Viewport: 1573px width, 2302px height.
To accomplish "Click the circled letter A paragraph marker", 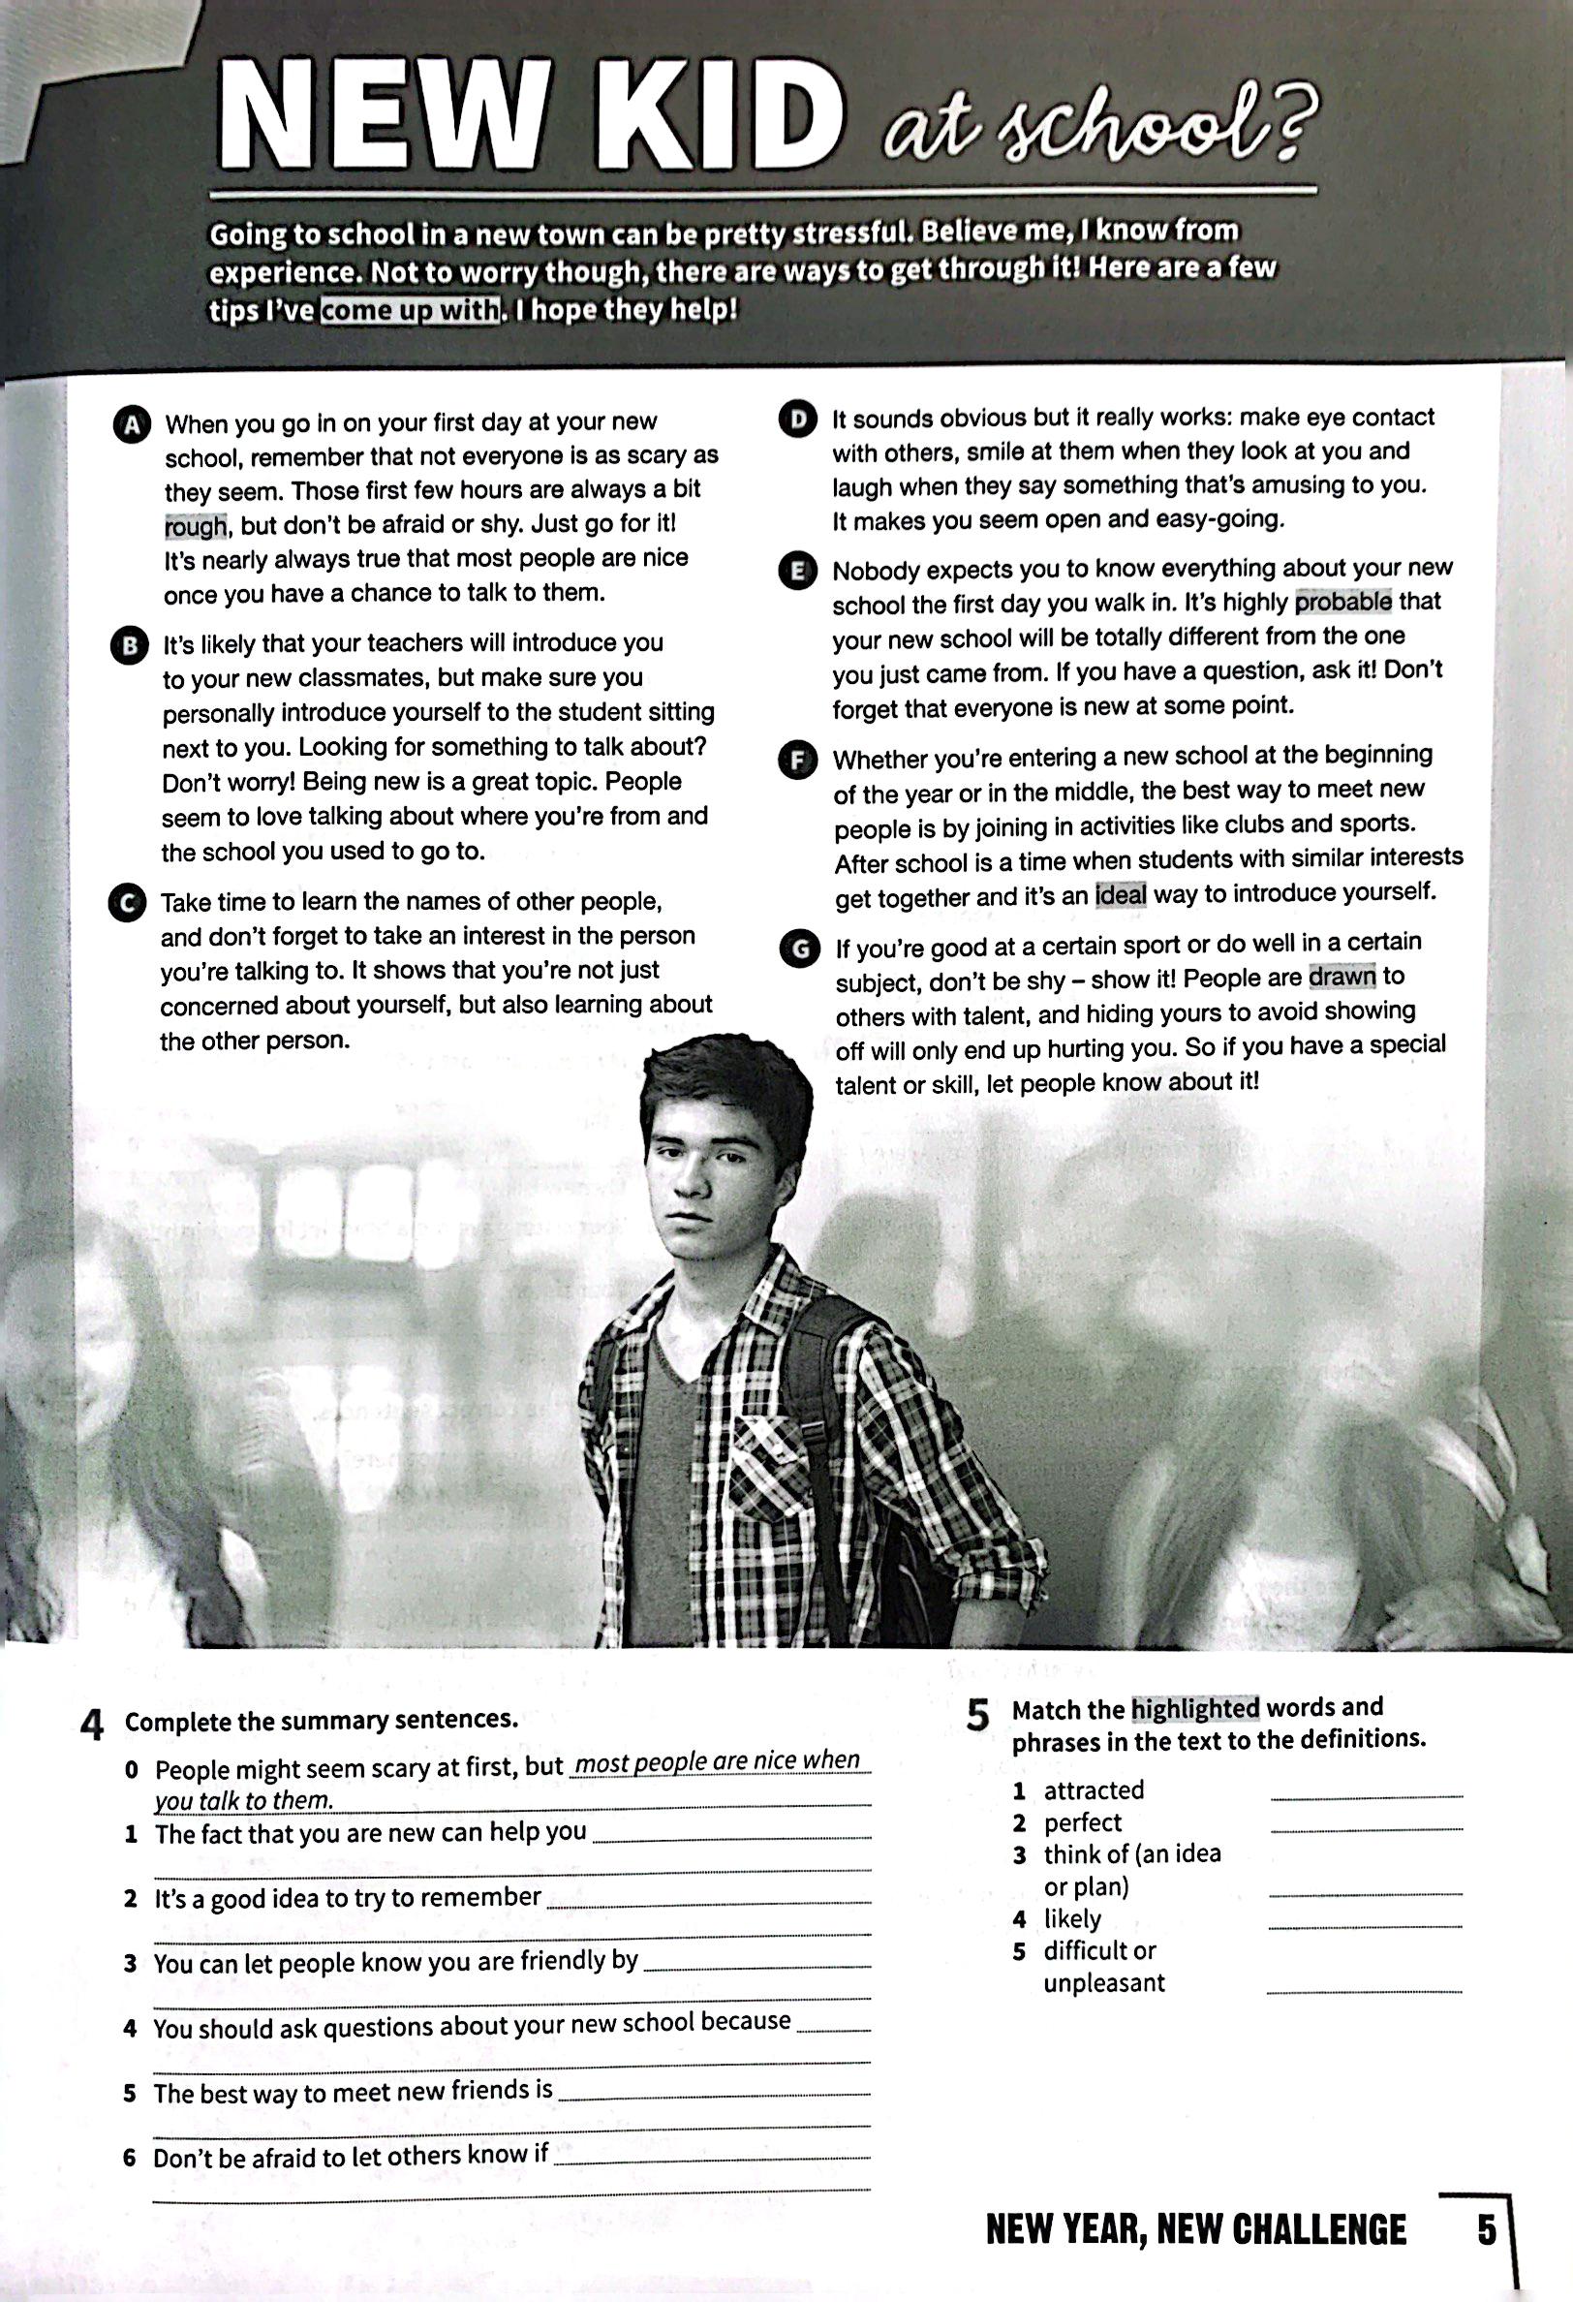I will pyautogui.click(x=132, y=424).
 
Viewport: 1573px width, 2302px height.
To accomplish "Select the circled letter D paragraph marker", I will pyautogui.click(x=797, y=419).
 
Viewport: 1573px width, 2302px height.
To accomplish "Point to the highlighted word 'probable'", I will pyautogui.click(x=1343, y=602).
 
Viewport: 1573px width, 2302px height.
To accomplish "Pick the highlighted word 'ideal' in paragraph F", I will pyautogui.click(x=1121, y=894).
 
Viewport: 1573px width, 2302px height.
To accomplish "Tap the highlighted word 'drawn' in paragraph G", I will pyautogui.click(x=1342, y=977).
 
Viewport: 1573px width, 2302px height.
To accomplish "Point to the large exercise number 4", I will pyautogui.click(x=92, y=1726).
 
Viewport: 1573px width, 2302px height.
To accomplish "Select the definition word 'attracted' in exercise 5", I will pyautogui.click(x=1094, y=1789).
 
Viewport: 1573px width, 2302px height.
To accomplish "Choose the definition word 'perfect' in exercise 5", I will pyautogui.click(x=1083, y=1822).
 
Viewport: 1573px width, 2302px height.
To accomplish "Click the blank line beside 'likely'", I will pyautogui.click(x=1365, y=1925).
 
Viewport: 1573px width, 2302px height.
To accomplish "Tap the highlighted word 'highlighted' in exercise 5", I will pyautogui.click(x=1194, y=1709).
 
